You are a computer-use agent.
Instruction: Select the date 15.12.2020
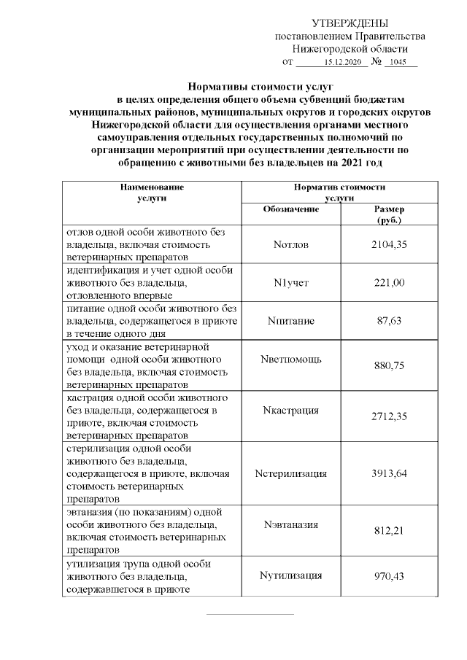click(342, 63)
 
